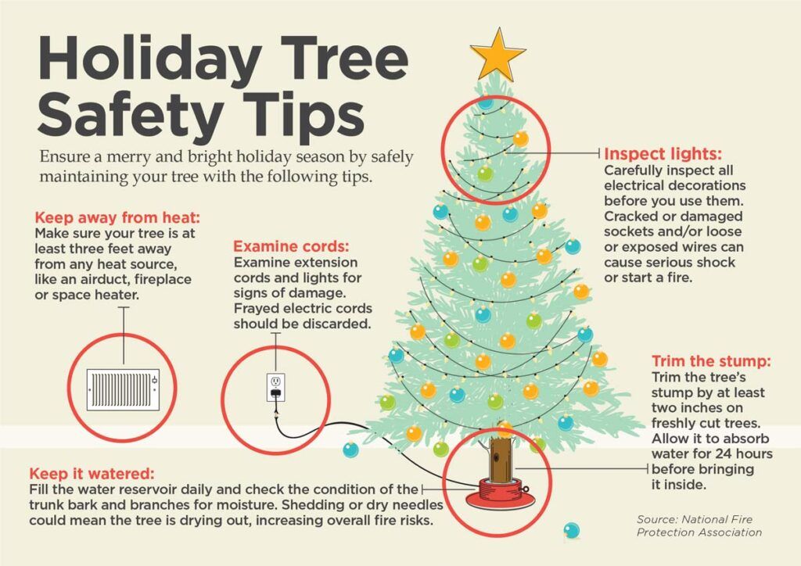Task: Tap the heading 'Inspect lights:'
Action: [x=663, y=154]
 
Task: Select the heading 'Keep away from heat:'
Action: [x=117, y=217]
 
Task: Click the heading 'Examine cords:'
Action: [x=291, y=246]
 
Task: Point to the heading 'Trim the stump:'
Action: [x=711, y=361]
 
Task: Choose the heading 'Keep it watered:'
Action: [x=92, y=473]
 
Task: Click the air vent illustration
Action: [x=123, y=389]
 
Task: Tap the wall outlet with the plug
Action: [x=276, y=387]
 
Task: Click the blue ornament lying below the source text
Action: [x=572, y=531]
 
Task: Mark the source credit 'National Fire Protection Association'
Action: [x=699, y=525]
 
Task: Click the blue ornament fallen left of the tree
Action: [x=350, y=450]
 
